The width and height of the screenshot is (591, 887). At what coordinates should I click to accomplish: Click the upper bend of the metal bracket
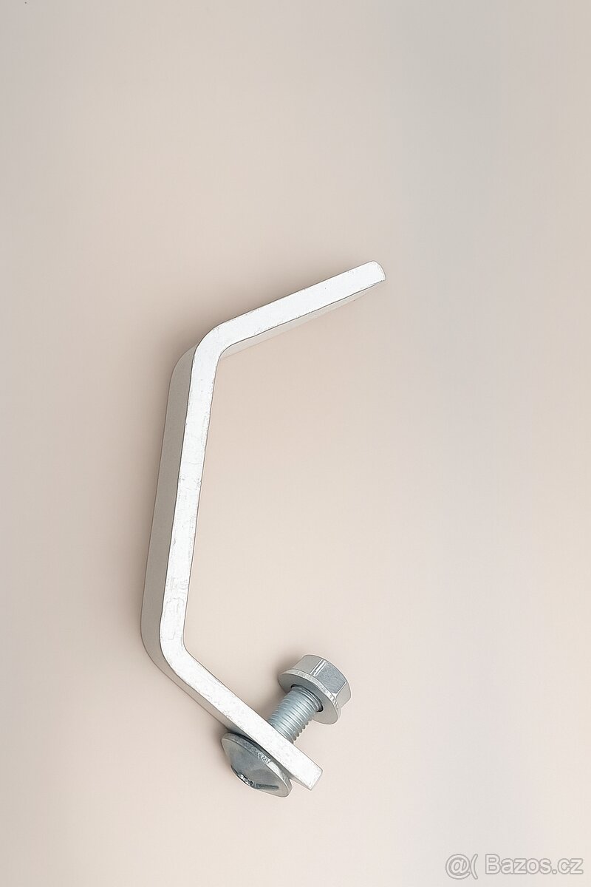tap(207, 344)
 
